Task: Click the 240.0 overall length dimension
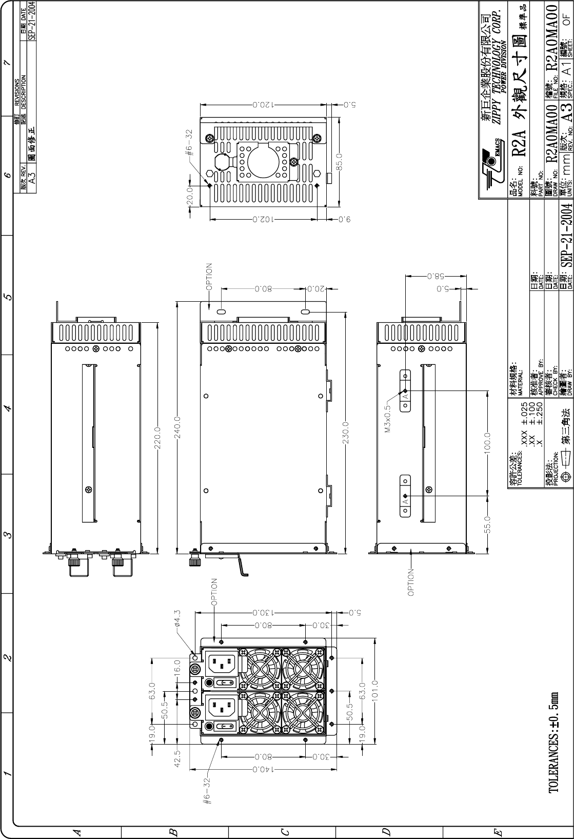coord(177,427)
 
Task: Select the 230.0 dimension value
coord(346,433)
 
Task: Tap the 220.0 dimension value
coord(157,438)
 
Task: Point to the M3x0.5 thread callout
coord(388,418)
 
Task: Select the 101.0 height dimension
coord(375,690)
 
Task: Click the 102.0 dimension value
coord(263,219)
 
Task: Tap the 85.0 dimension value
coord(340,162)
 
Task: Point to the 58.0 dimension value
coord(436,277)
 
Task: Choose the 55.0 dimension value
coord(487,524)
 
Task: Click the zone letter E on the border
coord(498,832)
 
